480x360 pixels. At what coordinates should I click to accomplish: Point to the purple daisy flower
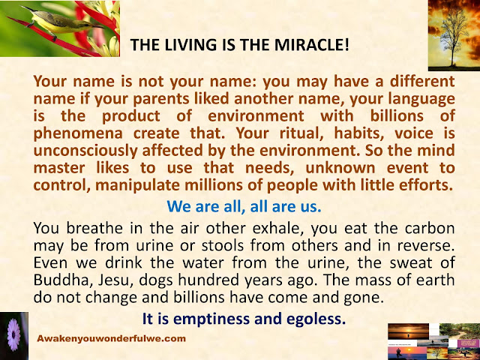coord(13,334)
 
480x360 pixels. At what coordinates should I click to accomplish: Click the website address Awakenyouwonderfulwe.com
coord(111,338)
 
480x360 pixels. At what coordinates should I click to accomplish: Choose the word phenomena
coord(78,133)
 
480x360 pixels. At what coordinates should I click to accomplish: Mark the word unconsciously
coord(85,151)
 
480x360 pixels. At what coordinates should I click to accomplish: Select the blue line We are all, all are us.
coord(244,207)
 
